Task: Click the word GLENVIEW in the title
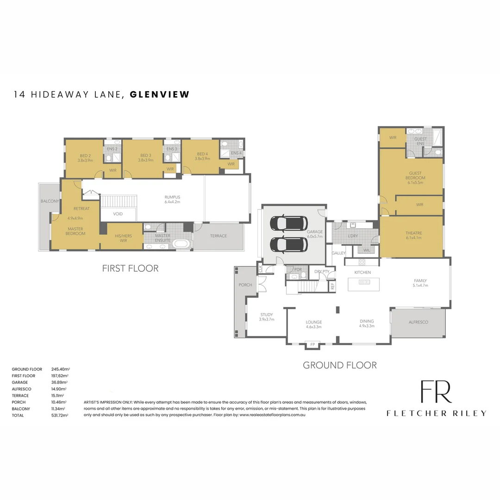click(x=160, y=94)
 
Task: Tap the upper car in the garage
click(x=287, y=223)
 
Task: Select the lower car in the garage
click(x=287, y=244)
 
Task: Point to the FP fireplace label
click(x=312, y=344)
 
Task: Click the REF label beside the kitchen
click(x=332, y=286)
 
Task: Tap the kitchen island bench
click(x=363, y=284)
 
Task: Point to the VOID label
click(x=118, y=214)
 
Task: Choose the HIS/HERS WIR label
click(x=123, y=238)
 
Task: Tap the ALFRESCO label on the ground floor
click(x=419, y=322)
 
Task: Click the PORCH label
click(x=245, y=285)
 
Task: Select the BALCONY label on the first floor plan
click(x=50, y=201)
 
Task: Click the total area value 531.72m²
click(x=60, y=415)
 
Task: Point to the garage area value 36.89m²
click(x=60, y=382)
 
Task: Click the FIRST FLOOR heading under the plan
click(x=130, y=268)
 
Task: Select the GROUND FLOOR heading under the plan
click(x=339, y=365)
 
